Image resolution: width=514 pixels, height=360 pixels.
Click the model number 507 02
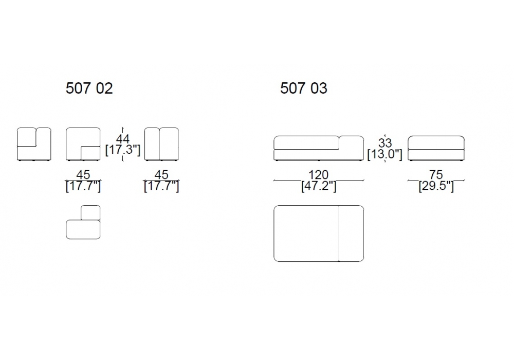point(89,88)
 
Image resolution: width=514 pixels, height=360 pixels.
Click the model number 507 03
point(304,88)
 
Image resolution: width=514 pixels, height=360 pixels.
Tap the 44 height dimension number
point(123,139)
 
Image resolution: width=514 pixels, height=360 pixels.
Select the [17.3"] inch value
point(123,150)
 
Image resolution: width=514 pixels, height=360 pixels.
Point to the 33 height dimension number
point(385,143)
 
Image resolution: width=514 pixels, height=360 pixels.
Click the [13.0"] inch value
point(385,154)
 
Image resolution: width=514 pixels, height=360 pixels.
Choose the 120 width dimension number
point(318,174)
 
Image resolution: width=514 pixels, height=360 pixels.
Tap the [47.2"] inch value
point(319,186)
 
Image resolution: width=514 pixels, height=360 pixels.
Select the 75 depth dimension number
point(436,174)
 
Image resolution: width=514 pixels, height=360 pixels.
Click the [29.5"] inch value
point(436,186)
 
